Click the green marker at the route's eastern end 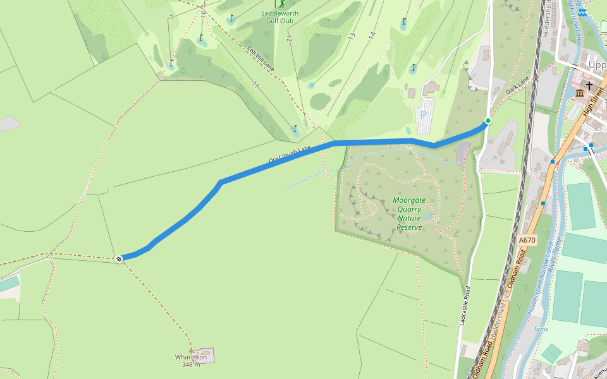[x=487, y=121]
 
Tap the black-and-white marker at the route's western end [x=120, y=258]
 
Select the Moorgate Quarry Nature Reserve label [x=409, y=214]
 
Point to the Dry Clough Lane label [x=290, y=154]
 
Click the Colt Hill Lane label [x=261, y=59]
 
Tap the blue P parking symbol [x=424, y=114]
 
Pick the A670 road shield [x=527, y=240]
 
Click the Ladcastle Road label [x=465, y=306]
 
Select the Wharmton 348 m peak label [x=191, y=360]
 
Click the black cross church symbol [x=589, y=85]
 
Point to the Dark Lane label [x=517, y=87]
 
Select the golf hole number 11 [x=255, y=84]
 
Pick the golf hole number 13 [x=351, y=36]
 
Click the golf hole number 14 [x=372, y=35]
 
